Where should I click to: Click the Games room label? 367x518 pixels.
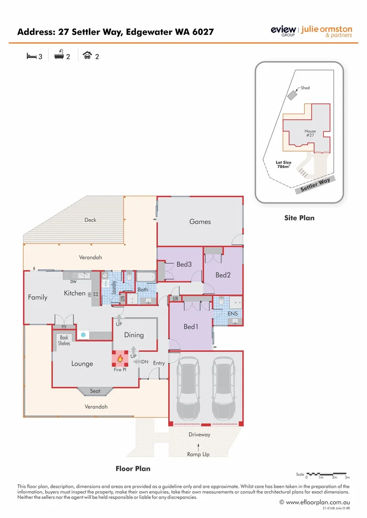tap(200, 222)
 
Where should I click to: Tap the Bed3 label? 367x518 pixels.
tap(184, 264)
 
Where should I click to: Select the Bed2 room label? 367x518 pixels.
tap(223, 275)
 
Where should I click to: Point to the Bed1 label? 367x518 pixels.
tap(191, 327)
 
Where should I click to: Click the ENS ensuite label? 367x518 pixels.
tap(232, 314)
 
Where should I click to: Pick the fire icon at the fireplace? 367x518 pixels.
tap(120, 358)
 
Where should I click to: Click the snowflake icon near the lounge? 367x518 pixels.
tap(83, 334)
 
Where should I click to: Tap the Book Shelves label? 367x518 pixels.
tap(64, 341)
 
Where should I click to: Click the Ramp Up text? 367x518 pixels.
tap(198, 454)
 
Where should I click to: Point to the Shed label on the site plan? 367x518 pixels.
tap(305, 88)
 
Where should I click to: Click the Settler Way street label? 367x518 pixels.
tap(315, 185)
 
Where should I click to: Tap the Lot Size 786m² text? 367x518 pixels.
tap(283, 165)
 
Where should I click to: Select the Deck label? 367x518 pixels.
tap(90, 220)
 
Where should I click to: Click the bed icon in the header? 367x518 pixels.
tap(31, 56)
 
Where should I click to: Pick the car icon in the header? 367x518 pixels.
tap(87, 56)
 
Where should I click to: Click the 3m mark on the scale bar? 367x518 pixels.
tap(347, 478)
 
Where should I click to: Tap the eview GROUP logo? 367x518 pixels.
tap(283, 31)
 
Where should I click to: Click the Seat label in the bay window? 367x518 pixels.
tap(95, 391)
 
